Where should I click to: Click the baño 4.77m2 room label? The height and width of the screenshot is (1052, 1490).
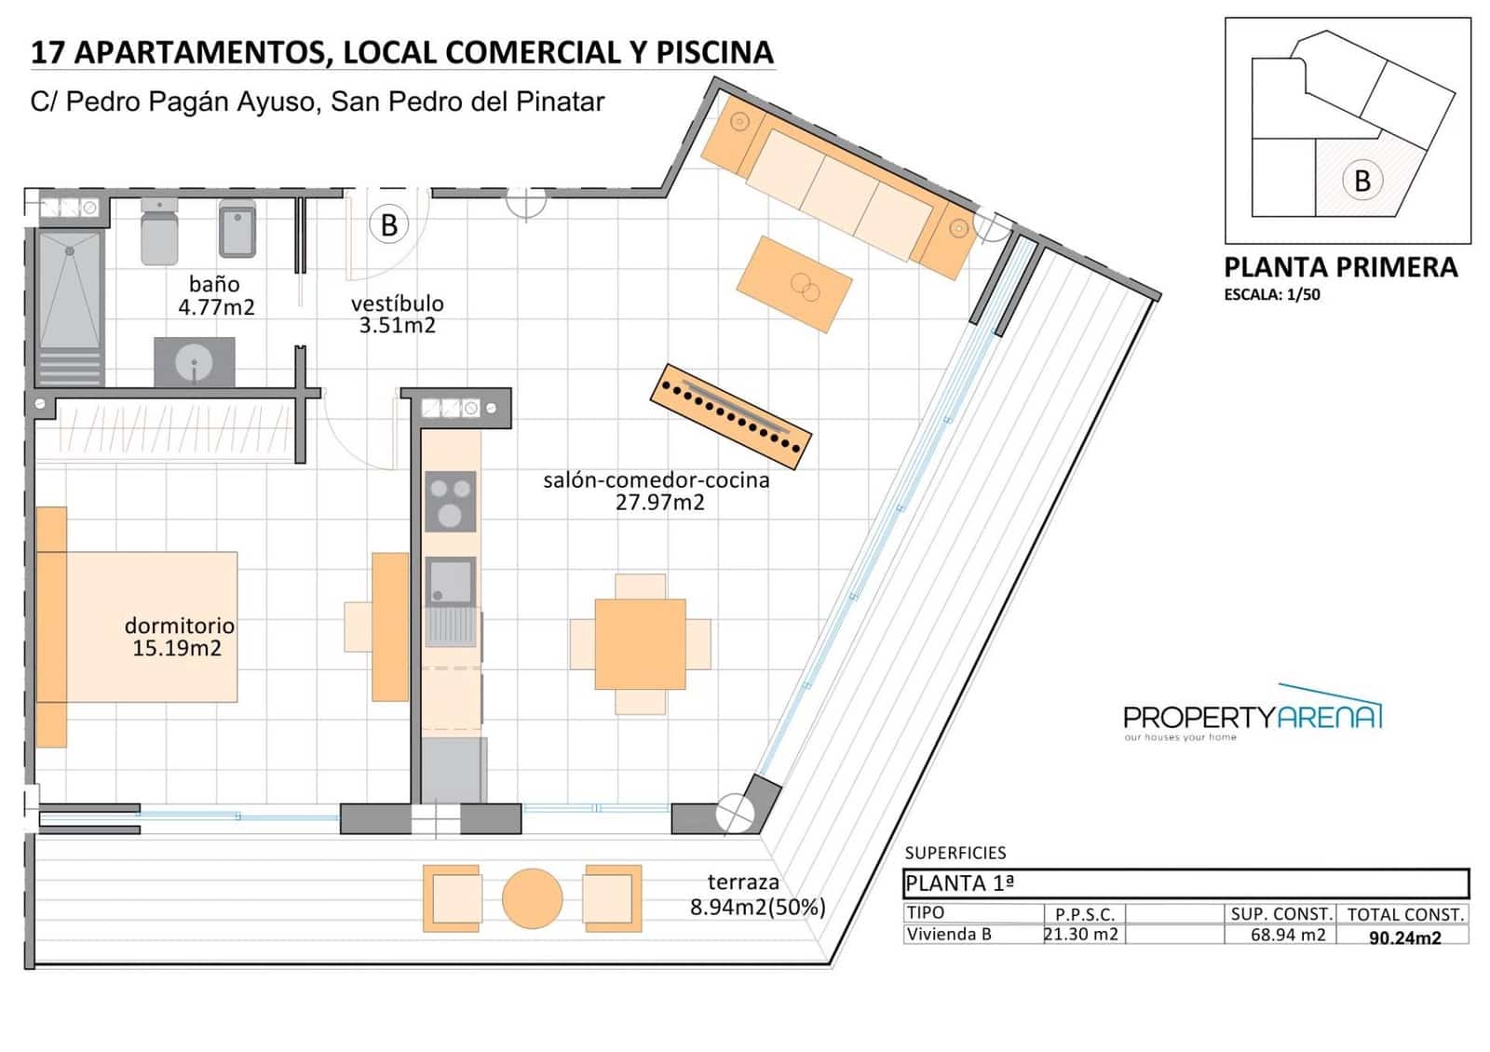(216, 295)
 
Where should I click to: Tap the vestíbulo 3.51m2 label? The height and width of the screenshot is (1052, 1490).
(397, 314)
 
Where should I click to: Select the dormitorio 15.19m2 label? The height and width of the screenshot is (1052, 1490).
(178, 637)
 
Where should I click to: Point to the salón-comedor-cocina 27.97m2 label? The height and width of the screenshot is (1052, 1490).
(657, 491)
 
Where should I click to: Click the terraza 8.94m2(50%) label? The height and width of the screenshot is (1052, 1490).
(758, 895)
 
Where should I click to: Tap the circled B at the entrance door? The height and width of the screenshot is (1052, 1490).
(389, 224)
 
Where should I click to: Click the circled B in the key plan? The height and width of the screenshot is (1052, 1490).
(1362, 181)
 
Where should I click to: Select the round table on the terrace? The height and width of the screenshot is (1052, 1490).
(532, 898)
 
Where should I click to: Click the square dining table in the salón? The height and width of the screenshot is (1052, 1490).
(640, 643)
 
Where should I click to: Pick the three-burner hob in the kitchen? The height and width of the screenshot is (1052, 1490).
(451, 502)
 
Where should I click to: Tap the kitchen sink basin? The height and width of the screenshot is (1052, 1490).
(451, 581)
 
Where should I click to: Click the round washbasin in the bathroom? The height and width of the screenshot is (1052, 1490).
(195, 362)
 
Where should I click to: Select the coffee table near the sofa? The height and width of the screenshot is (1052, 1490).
(794, 284)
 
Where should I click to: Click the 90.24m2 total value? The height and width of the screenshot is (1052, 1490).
(1405, 937)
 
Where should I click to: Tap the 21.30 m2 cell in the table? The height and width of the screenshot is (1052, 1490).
(1081, 935)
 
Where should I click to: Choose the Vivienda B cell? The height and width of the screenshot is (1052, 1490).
(949, 935)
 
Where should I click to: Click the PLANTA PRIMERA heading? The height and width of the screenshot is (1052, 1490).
(1340, 267)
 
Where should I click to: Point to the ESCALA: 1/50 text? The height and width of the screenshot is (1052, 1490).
(1272, 294)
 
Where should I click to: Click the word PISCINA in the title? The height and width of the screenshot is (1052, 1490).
(715, 52)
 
